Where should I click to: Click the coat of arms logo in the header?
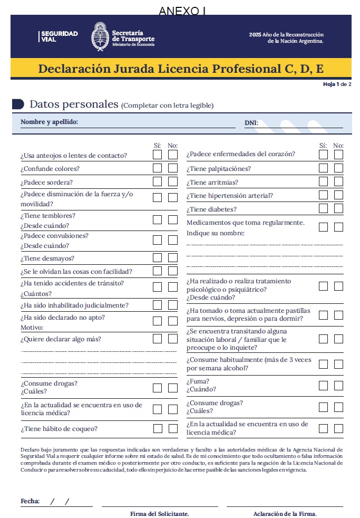click(100, 36)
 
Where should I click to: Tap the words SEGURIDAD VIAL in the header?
click(59, 36)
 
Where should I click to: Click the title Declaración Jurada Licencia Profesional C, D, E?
click(181, 69)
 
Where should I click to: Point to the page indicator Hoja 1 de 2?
click(337, 84)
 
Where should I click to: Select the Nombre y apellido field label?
click(49, 122)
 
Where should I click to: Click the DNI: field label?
click(251, 123)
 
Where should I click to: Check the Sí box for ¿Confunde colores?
click(157, 168)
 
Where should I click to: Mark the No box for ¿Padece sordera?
click(173, 181)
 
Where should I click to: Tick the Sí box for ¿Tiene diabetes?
click(323, 209)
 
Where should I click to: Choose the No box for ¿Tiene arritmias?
click(338, 182)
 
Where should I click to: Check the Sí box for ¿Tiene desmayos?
click(157, 258)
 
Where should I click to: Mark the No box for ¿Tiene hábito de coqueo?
click(173, 428)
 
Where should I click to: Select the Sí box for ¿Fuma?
click(323, 385)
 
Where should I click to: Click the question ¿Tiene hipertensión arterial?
click(230, 196)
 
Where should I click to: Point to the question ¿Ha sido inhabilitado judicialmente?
click(74, 305)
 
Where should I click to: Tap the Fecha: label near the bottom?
click(30, 501)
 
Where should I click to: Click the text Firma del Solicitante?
click(160, 513)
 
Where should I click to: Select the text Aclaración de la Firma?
click(285, 513)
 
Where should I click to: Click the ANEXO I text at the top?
click(181, 11)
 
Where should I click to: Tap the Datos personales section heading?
click(74, 104)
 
